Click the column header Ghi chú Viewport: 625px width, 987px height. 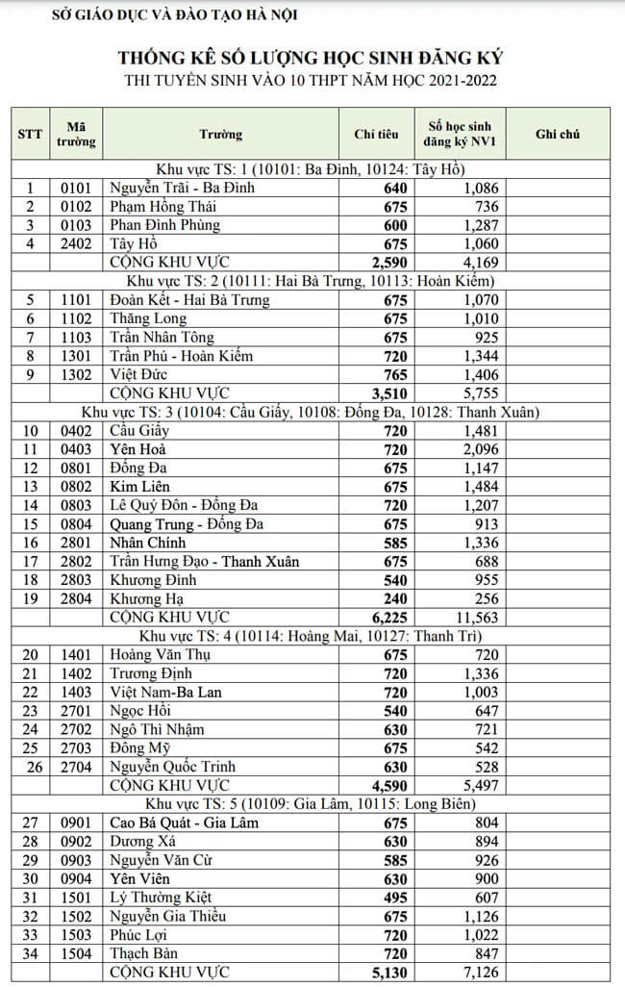pyautogui.click(x=557, y=135)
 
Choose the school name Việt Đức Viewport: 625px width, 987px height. pyautogui.click(x=138, y=374)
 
